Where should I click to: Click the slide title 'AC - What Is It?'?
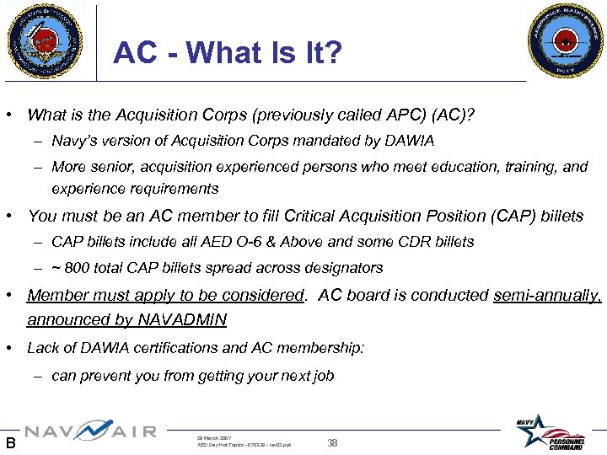(x=228, y=53)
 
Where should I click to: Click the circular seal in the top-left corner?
(x=46, y=40)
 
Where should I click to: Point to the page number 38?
(x=332, y=442)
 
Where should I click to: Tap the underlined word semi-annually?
(x=546, y=296)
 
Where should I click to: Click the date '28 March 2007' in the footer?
(x=214, y=438)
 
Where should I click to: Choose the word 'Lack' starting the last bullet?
(x=44, y=348)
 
